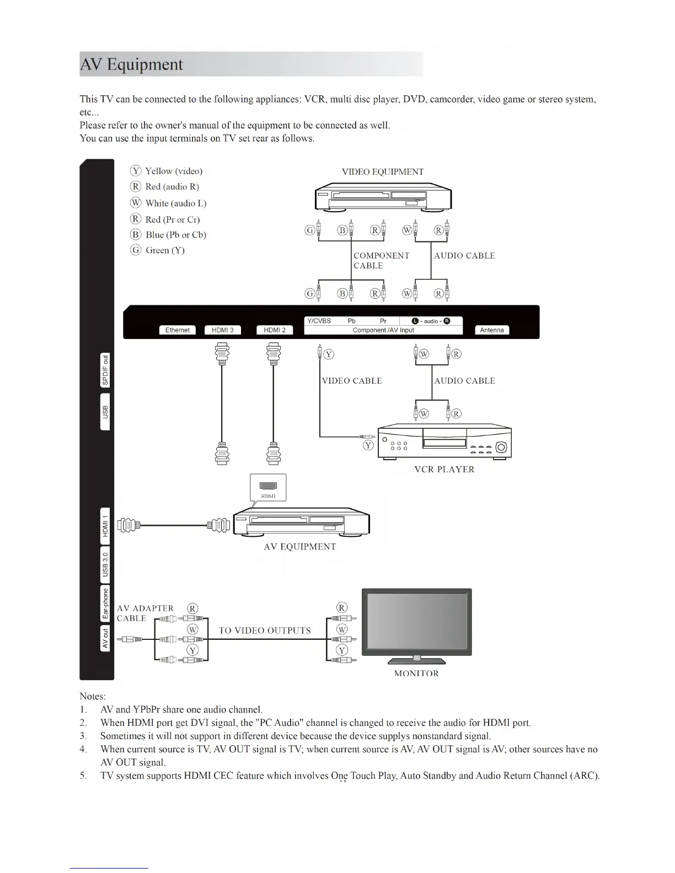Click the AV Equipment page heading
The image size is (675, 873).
[132, 64]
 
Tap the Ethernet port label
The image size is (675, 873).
[177, 330]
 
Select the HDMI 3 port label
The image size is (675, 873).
[223, 330]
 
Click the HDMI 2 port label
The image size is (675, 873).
[275, 330]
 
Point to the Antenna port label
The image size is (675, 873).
[492, 330]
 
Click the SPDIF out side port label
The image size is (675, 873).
[105, 370]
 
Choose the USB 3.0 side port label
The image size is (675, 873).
[105, 564]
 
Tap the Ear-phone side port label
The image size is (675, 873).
[105, 603]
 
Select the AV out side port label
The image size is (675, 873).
[105, 638]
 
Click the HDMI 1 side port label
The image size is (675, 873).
[105, 526]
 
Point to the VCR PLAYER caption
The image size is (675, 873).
[444, 470]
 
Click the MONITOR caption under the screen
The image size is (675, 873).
[416, 673]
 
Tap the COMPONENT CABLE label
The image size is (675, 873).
[381, 261]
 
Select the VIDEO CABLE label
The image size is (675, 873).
[352, 381]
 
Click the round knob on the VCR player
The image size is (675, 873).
[501, 447]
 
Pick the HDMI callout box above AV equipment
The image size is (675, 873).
[269, 488]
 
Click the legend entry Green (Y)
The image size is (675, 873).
[165, 250]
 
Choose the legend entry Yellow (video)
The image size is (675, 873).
[173, 171]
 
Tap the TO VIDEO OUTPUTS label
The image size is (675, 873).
[265, 630]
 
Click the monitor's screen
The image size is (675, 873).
[417, 622]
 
